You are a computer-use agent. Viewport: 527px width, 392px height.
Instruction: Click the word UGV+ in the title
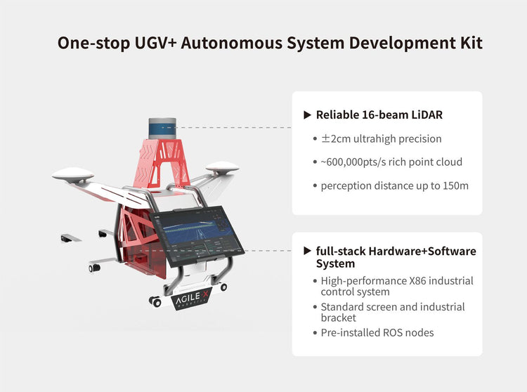coord(155,43)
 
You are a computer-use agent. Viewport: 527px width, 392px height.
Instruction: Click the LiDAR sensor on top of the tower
coord(162,128)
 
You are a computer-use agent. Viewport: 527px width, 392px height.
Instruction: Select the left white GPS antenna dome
coord(73,175)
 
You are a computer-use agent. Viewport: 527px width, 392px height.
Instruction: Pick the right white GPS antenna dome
coord(222,167)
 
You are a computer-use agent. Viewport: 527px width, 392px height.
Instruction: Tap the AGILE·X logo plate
coord(192,299)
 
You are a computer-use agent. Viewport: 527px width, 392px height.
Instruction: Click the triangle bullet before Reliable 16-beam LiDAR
coord(307,115)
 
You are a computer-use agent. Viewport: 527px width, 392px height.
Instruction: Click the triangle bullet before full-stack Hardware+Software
coord(307,251)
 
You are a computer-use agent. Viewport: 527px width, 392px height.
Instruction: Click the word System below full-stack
coord(335,263)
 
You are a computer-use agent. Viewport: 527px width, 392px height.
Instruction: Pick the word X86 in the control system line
coord(417,281)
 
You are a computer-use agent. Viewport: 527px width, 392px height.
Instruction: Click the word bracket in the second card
coord(339,318)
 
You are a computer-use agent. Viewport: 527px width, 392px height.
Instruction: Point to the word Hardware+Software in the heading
coord(422,251)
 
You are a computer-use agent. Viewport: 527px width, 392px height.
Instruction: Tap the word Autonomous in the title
coord(231,43)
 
